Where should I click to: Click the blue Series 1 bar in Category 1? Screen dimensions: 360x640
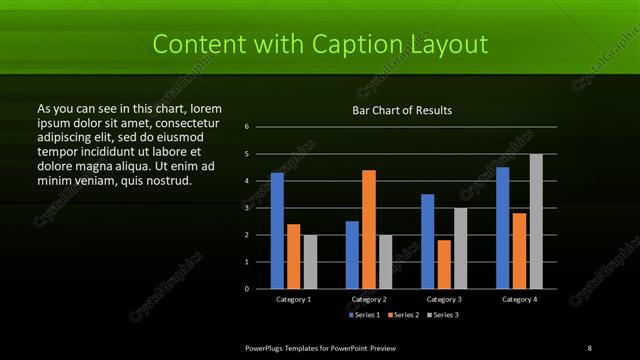[277, 230]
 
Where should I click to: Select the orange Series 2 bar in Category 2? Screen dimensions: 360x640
[369, 229]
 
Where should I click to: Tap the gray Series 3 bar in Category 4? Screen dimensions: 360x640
[536, 221]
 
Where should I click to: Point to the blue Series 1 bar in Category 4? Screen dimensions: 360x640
[502, 227]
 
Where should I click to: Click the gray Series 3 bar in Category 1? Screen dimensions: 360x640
[310, 261]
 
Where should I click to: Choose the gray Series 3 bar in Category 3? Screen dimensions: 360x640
[460, 248]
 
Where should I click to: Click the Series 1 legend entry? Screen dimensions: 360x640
[361, 315]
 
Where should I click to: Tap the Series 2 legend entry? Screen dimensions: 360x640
[403, 315]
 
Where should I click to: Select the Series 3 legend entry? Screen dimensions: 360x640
[444, 315]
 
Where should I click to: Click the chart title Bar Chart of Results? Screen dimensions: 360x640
[403, 110]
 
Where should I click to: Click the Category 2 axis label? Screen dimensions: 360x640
[369, 299]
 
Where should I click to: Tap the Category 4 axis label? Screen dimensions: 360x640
[518, 299]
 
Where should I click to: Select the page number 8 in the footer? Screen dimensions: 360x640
[589, 347]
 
